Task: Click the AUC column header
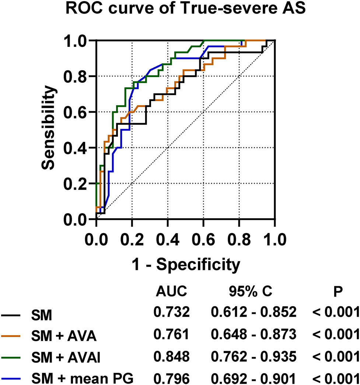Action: [x=172, y=292]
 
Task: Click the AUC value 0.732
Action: [x=172, y=312]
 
